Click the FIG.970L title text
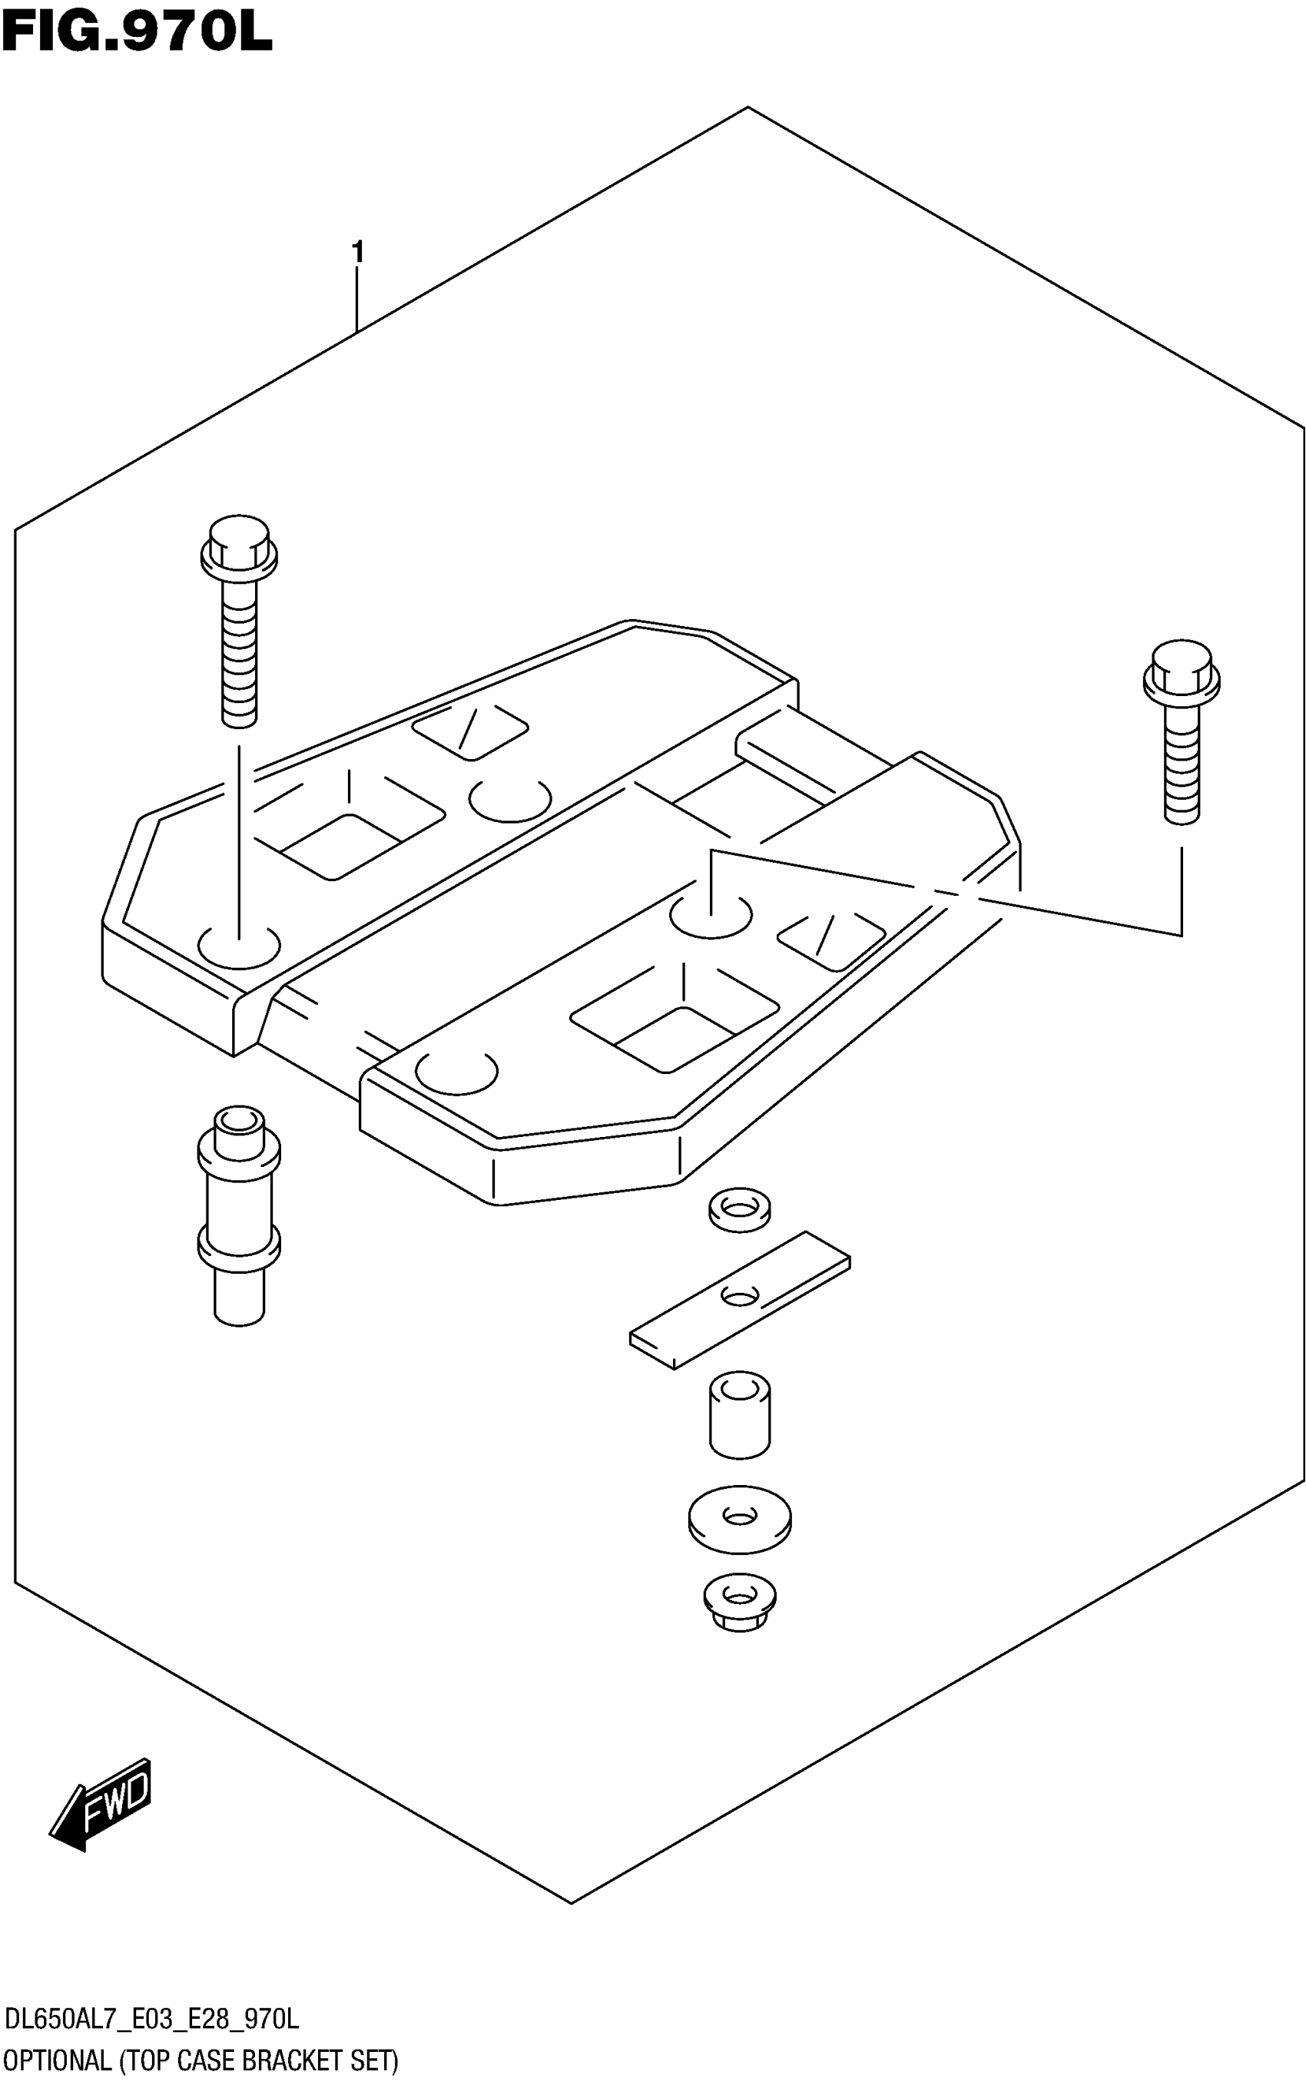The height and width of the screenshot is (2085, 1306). coord(137,35)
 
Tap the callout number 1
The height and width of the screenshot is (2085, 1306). coord(356,253)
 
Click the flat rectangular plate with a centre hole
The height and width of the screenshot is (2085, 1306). coord(739,1299)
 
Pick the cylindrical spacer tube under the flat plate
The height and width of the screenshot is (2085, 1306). coord(739,1417)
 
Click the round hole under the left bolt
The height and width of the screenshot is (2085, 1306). coord(239,946)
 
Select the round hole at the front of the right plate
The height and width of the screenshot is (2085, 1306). coord(456,1072)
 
